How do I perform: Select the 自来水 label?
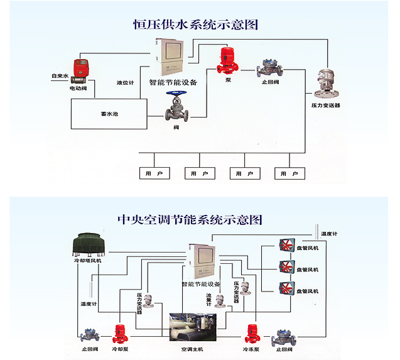point(59,77)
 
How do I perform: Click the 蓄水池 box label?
point(110,114)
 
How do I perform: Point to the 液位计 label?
point(125,82)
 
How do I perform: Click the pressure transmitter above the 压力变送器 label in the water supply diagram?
point(325,84)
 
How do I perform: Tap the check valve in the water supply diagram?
point(269,68)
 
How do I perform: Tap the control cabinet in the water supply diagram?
point(171,57)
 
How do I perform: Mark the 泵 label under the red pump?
point(228,80)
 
